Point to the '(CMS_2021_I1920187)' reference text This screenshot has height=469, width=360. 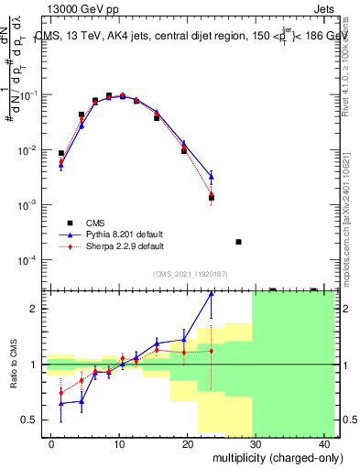pyautogui.click(x=191, y=273)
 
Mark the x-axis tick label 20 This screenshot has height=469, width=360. pyautogui.click(x=187, y=443)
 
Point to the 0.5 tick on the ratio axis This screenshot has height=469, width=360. pyautogui.click(x=35, y=420)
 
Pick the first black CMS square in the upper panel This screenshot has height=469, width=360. pyautogui.click(x=61, y=154)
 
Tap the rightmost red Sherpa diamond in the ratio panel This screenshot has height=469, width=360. pyautogui.click(x=212, y=350)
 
